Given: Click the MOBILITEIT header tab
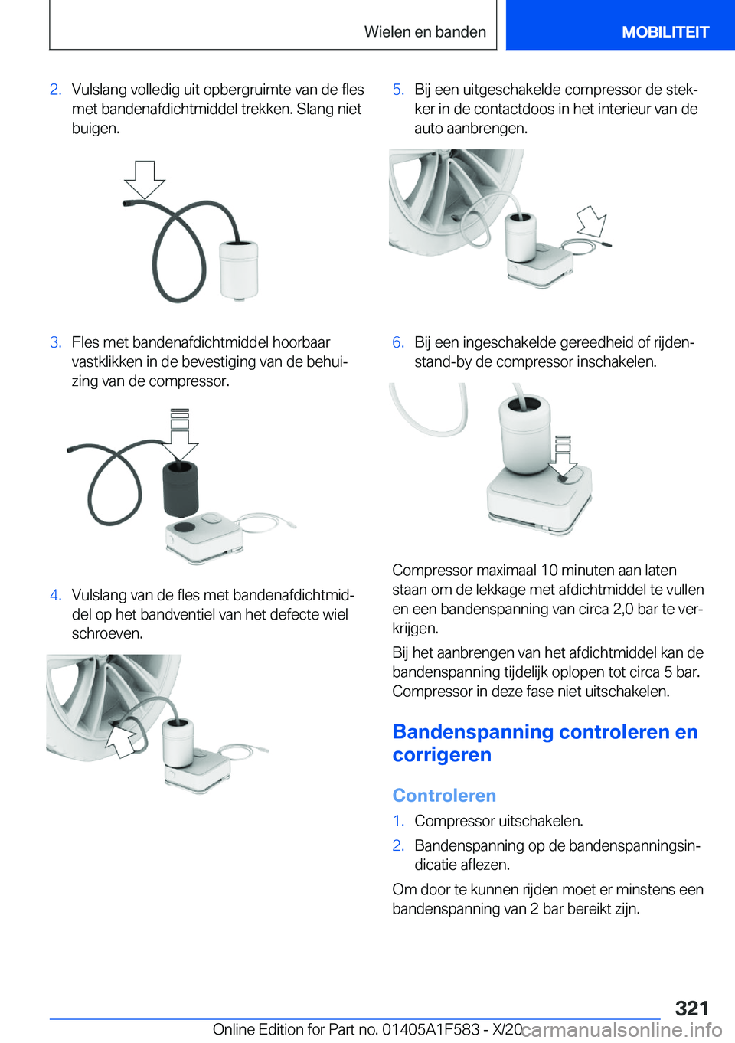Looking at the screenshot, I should coord(665,32).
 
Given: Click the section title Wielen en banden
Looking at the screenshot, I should coord(425,32).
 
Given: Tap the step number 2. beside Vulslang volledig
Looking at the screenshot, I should coord(56,90).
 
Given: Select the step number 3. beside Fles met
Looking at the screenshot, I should coord(56,342).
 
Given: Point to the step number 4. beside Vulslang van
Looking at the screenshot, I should coord(56,595).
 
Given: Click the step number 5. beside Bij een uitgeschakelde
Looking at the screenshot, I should coord(398,90).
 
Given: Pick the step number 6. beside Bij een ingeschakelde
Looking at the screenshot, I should coord(398,342).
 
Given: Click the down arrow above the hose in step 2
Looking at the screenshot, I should coord(144,179).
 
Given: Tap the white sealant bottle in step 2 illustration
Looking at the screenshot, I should coord(239,269).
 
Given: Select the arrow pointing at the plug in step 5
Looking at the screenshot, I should coord(591,222).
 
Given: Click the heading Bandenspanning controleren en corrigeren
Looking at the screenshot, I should coord(544,743).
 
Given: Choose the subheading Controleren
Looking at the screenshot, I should coord(444,796).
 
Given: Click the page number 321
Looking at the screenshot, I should coord(691,1008).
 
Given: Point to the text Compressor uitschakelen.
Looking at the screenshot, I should coord(498,821).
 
